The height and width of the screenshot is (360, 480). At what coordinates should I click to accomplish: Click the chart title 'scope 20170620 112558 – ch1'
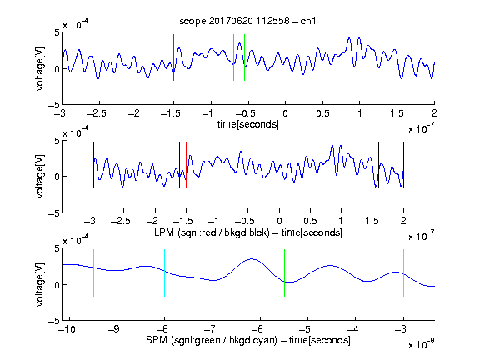[247, 21]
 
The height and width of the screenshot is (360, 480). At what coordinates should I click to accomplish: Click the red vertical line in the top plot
[173, 57]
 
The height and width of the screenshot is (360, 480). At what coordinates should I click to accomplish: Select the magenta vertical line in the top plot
[397, 57]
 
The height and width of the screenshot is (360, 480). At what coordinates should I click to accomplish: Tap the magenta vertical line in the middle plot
[372, 165]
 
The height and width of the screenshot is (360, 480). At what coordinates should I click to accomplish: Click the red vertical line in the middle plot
[186, 165]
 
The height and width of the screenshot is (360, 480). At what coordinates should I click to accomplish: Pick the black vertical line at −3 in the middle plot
[93, 165]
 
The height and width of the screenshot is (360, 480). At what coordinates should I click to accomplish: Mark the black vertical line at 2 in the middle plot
[403, 165]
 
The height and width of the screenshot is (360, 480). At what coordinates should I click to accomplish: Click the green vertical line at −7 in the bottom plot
[212, 272]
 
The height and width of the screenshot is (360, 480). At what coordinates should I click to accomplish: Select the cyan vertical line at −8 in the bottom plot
[165, 272]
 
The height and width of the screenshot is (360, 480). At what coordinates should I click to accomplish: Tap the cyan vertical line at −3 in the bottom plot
[403, 272]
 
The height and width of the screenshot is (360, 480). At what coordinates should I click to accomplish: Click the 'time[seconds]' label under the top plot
[248, 124]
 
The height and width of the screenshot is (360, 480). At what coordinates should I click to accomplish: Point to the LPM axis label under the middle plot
[248, 232]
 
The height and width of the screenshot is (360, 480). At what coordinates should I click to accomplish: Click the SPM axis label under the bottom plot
[248, 340]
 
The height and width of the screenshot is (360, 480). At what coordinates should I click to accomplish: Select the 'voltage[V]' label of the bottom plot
[40, 284]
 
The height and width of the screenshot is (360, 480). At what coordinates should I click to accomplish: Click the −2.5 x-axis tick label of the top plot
[97, 113]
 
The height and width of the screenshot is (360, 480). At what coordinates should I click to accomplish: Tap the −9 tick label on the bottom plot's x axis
[114, 329]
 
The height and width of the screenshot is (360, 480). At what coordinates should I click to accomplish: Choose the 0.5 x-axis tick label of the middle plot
[310, 221]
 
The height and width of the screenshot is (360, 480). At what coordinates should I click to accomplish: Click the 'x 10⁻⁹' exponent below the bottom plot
[422, 344]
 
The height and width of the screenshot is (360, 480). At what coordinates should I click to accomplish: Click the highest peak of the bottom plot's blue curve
[252, 259]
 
